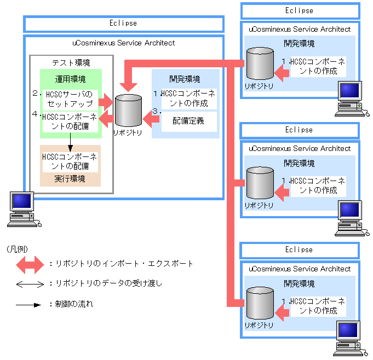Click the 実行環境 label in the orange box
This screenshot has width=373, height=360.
(x=70, y=179)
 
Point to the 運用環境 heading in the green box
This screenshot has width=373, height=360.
(x=70, y=79)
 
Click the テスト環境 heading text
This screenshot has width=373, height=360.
(x=70, y=63)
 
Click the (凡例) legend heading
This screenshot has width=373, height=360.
(x=18, y=249)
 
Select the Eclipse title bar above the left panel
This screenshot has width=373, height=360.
(x=123, y=24)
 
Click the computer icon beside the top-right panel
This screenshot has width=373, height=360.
(x=349, y=98)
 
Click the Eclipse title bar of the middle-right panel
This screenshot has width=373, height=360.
(x=299, y=130)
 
